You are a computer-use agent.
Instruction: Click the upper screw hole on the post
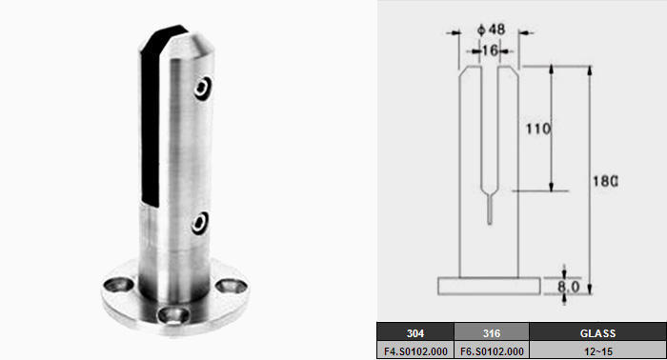point(203,88)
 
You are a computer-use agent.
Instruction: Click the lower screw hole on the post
point(200,223)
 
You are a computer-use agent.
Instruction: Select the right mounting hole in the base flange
point(231,286)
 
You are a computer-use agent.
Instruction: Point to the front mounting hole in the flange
point(173,315)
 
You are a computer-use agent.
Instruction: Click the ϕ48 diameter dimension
point(492,30)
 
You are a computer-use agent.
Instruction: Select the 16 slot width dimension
point(490,50)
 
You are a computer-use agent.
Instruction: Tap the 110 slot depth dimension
point(538,129)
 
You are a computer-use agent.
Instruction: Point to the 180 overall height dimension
point(606,182)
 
